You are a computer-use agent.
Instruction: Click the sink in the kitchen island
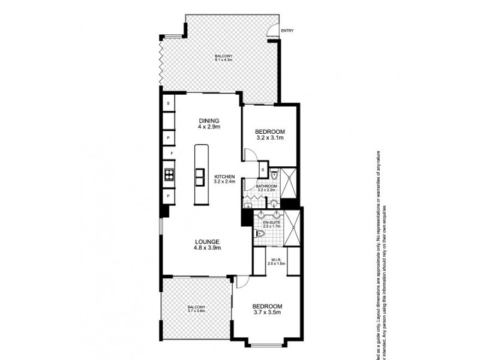[200, 175]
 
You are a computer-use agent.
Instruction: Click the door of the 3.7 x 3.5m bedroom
[242, 282]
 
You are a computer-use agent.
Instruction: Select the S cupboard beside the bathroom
[263, 172]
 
